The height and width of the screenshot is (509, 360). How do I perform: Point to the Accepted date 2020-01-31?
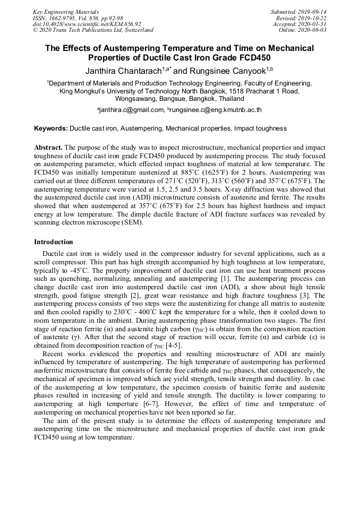click(x=312, y=24)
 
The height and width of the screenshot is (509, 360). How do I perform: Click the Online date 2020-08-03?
click(x=314, y=30)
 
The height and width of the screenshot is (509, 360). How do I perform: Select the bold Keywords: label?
click(x=51, y=128)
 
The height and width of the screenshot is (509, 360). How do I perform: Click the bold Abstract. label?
click(x=48, y=146)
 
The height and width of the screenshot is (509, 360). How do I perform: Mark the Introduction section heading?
click(x=54, y=242)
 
